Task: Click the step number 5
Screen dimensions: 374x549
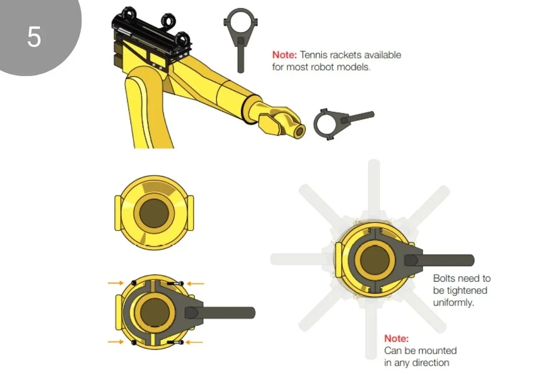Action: pyautogui.click(x=34, y=37)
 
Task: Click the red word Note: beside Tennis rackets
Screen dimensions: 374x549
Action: pyautogui.click(x=285, y=55)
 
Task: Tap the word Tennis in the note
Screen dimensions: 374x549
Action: pyautogui.click(x=313, y=55)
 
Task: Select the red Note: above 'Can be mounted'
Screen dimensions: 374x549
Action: pyautogui.click(x=396, y=338)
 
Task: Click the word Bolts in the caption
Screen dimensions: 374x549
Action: pyautogui.click(x=444, y=278)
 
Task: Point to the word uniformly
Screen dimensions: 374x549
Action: pyautogui.click(x=453, y=303)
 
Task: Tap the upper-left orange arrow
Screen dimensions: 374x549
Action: pyautogui.click(x=116, y=283)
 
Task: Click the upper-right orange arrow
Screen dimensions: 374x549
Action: pyautogui.click(x=196, y=284)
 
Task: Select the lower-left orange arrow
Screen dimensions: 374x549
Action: pyautogui.click(x=116, y=342)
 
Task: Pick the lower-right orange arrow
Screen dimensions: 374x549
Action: pyautogui.click(x=196, y=342)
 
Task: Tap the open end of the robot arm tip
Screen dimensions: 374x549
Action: pyautogui.click(x=299, y=131)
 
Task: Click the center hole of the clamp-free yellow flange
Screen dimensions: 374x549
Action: pyautogui.click(x=154, y=212)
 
